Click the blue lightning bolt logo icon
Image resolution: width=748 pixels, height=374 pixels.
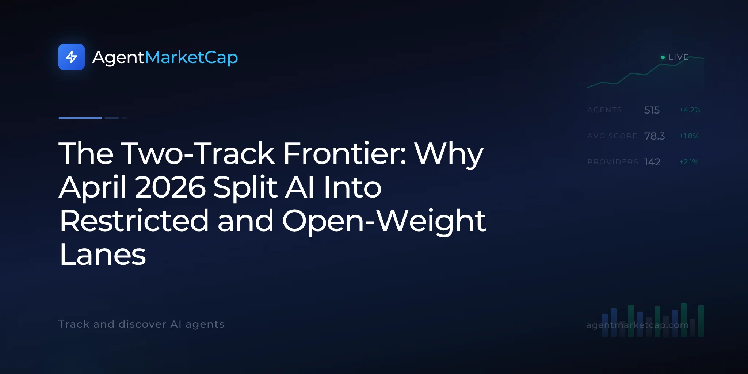point(72,57)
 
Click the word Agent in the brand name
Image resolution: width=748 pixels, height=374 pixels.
point(118,58)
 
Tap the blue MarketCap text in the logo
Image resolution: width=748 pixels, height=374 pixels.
point(191,57)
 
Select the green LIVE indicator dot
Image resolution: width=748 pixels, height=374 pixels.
point(663,57)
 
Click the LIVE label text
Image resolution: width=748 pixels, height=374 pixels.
point(678,57)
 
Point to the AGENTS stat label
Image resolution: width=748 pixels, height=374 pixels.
point(604,110)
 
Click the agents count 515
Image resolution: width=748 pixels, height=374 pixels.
point(652,110)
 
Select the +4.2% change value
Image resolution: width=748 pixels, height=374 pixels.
point(690,110)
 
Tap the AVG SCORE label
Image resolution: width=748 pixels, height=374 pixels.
point(612,136)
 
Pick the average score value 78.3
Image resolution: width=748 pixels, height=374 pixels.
point(654,136)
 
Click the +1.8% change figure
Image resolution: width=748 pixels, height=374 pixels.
point(689,136)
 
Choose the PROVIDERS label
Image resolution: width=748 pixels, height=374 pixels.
point(613,162)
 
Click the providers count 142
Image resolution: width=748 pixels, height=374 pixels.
point(652,162)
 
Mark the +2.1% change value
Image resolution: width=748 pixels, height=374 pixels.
point(689,162)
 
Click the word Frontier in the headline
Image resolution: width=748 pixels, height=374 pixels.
point(345,153)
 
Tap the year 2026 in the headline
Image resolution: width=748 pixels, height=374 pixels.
point(170,187)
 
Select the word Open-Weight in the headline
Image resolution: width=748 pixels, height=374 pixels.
point(384,221)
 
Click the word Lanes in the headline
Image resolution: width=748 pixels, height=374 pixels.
point(103,255)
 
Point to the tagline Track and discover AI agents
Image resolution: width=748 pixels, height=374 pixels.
point(141,324)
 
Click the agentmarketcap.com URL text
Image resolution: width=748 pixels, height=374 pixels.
point(637,325)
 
